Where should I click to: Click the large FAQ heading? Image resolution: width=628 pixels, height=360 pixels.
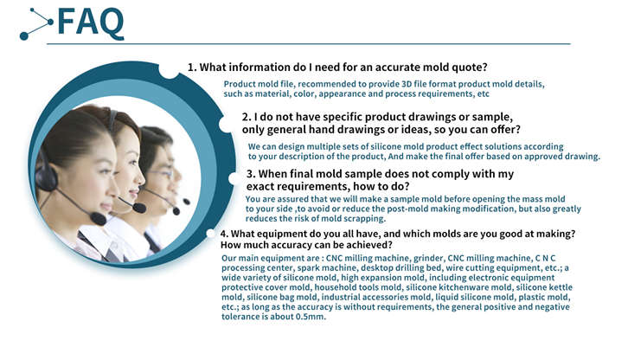tap(91, 22)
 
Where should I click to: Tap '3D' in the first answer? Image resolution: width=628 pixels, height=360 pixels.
tap(406, 84)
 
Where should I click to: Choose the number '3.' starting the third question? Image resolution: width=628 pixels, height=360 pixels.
tap(251, 174)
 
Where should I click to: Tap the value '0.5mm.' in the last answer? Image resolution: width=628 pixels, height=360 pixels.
tap(311, 317)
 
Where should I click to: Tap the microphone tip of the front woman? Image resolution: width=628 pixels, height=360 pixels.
tap(98, 218)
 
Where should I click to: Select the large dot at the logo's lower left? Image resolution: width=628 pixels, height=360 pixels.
tap(24, 36)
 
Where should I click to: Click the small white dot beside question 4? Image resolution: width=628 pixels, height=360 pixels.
tap(211, 234)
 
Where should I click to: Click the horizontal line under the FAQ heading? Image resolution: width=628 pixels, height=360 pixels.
tap(309, 43)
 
